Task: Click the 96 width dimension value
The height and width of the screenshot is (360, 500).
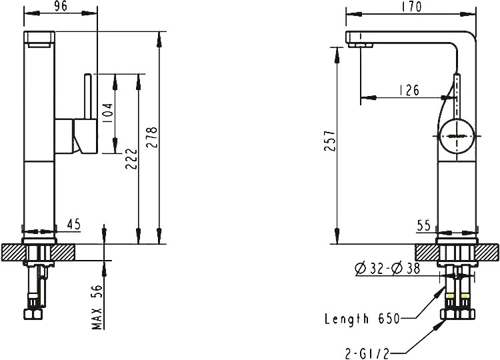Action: tap(61, 7)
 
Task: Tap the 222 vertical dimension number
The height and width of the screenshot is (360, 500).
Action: tap(131, 159)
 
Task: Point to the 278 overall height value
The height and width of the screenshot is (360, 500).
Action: tap(151, 137)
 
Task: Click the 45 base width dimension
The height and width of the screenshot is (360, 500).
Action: tap(73, 225)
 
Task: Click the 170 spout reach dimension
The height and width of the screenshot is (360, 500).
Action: tap(411, 7)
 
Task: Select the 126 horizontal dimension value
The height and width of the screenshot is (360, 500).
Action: tap(409, 90)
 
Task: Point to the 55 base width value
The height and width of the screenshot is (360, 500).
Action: tap(424, 225)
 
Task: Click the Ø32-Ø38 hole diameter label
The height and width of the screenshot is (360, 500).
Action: tap(388, 269)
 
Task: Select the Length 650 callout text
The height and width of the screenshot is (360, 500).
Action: tap(362, 319)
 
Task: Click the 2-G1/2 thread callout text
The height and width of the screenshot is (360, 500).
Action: tap(367, 353)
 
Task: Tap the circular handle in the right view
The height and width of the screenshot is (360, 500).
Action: tap(457, 136)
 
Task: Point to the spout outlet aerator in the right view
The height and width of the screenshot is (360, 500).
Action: tap(361, 45)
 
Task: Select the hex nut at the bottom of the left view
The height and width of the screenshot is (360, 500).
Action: tap(33, 314)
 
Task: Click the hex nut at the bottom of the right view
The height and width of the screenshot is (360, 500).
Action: tap(458, 314)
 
